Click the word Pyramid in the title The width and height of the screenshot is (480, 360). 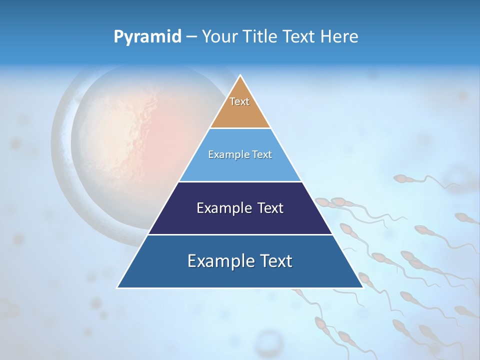click(x=147, y=37)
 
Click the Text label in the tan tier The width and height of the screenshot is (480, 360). click(x=239, y=101)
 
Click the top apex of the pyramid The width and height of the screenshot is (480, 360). click(x=240, y=75)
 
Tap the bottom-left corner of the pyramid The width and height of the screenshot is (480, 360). click(x=118, y=287)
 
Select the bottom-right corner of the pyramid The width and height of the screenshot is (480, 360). click(x=362, y=287)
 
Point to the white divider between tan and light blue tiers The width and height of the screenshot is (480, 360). click(x=240, y=128)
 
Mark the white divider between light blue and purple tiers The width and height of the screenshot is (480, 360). click(x=240, y=181)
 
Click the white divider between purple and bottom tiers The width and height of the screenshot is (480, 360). click(x=240, y=234)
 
